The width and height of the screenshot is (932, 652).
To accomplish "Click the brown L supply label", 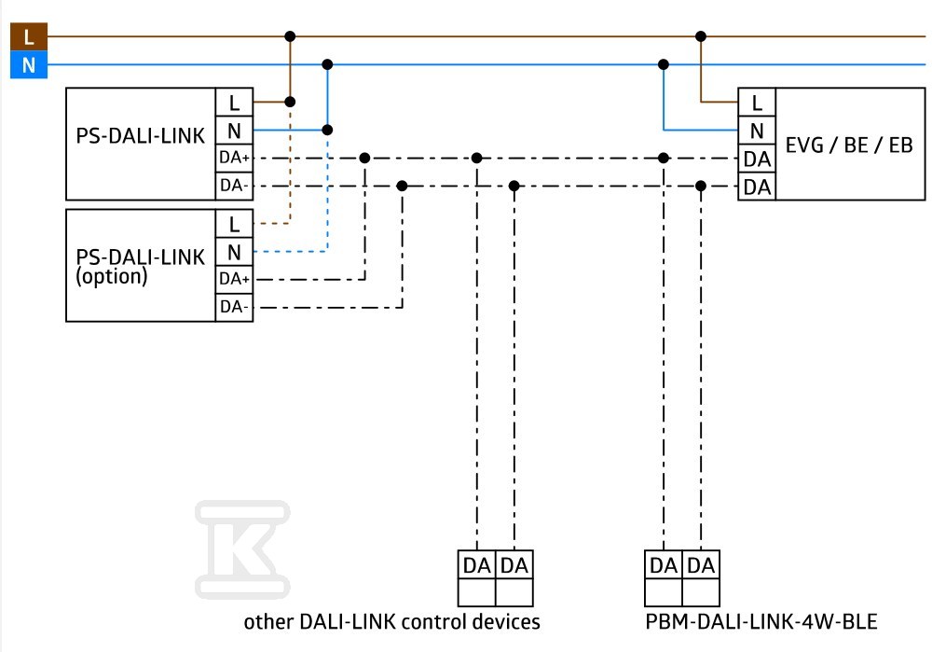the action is coord(29,37).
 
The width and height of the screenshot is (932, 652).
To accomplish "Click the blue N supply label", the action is coord(29,65).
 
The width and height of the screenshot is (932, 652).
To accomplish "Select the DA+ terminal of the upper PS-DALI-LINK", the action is coord(234,158).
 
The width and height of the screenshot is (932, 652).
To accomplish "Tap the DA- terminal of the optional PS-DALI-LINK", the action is coord(234,307).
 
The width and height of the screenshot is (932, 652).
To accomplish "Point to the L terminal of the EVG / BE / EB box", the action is coord(757,103).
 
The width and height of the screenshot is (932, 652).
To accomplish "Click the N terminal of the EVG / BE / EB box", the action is coord(757,131).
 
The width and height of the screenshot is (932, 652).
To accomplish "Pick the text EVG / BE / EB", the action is coord(849,146).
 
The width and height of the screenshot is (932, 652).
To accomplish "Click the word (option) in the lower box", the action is coord(111,277).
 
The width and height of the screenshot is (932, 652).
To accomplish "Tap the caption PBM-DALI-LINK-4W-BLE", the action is coord(761,621).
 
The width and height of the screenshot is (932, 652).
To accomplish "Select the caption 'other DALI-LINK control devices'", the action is coord(391,621).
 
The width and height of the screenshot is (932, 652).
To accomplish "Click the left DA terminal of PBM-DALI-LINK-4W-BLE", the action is coord(664,565).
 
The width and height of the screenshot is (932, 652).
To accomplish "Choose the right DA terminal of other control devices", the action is coord(514,565).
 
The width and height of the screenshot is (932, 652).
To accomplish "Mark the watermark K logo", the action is coord(242,549).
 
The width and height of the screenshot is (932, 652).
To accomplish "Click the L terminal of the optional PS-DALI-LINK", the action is coord(234,224).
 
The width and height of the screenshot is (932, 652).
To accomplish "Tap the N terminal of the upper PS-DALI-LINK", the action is coord(234,131).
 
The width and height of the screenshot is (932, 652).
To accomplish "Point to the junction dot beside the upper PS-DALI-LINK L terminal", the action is coord(290,102).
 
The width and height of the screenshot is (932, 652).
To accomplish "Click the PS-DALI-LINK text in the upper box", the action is coord(141,135).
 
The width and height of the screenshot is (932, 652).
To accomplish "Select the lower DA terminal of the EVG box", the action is coord(757,187).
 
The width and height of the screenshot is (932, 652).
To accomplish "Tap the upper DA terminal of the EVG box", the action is coord(757,159).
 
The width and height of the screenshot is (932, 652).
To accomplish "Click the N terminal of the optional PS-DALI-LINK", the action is coord(234,252).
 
